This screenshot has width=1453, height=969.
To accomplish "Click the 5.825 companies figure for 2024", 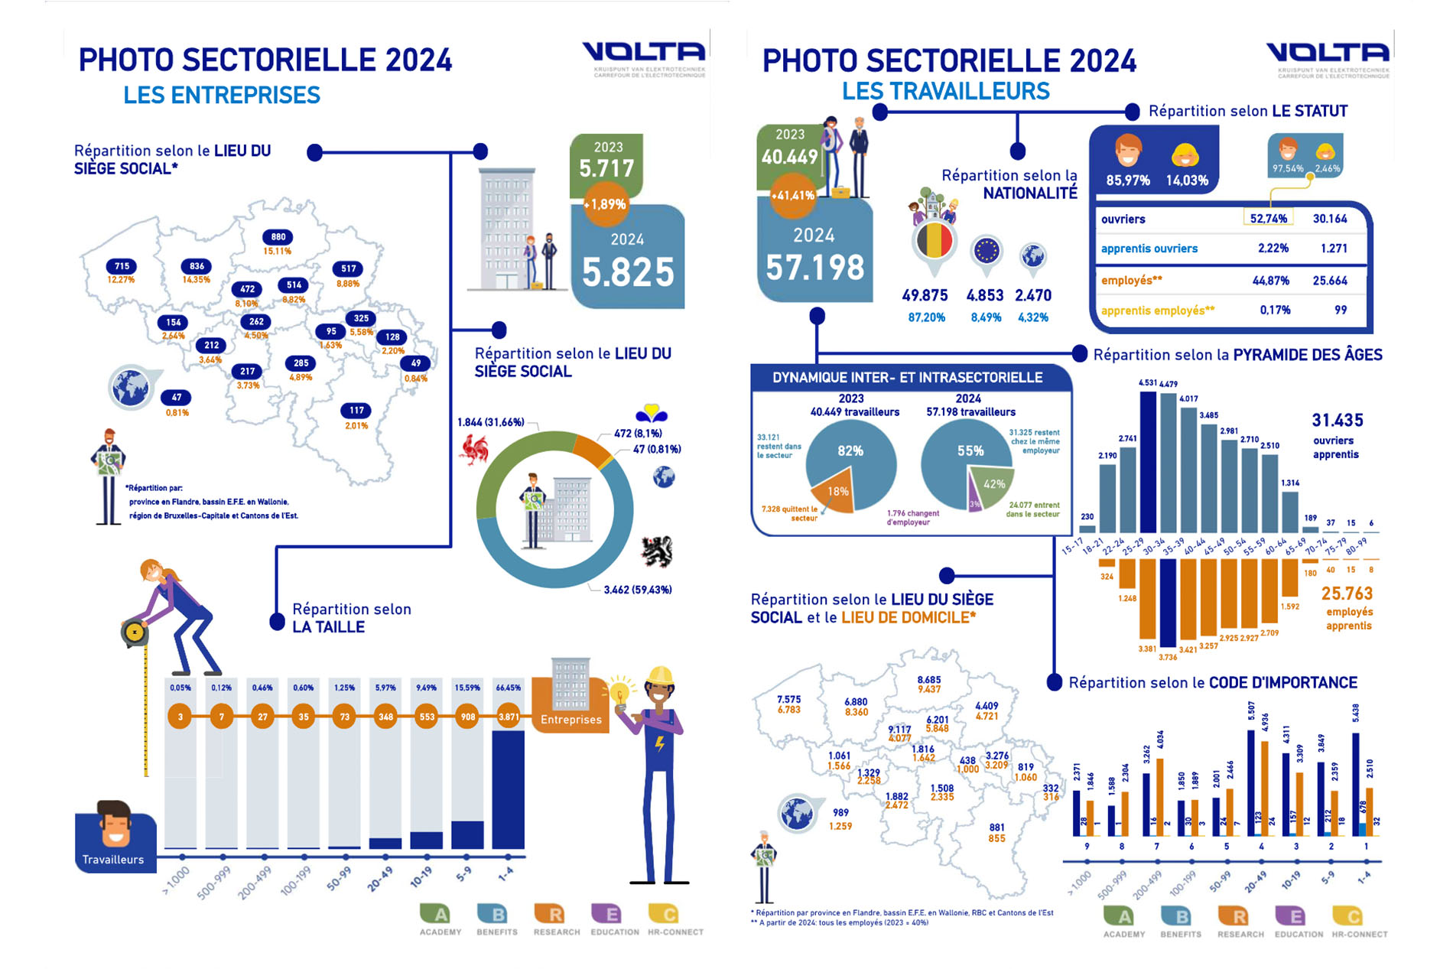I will coord(628,272).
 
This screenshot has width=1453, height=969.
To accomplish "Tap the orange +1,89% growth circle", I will coord(606,204).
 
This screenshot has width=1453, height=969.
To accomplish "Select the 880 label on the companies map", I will coord(278,237).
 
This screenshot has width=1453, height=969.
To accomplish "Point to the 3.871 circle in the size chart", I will coord(509,717).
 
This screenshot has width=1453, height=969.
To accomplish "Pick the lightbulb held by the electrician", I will coord(619,693).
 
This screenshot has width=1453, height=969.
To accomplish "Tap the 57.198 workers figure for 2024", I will coord(815,267).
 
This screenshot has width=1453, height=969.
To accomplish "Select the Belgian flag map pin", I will coord(933,242).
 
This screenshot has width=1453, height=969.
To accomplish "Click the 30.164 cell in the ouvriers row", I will coord(1330,219).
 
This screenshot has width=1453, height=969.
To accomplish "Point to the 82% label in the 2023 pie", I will coord(850,450).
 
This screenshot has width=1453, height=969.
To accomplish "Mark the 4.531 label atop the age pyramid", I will coord(1147,382).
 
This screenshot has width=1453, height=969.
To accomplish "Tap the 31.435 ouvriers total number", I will coord(1338,420).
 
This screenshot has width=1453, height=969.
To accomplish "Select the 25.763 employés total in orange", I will coord(1347,593).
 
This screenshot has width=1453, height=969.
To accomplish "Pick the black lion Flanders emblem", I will coord(656,551).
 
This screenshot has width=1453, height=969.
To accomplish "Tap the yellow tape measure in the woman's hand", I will coord(135,632).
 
